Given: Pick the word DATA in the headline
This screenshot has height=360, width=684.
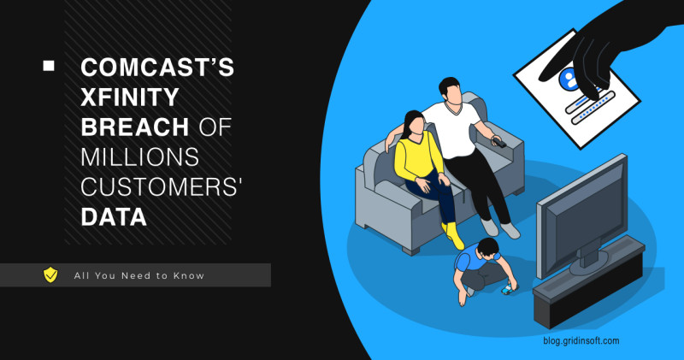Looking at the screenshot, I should tap(113, 217).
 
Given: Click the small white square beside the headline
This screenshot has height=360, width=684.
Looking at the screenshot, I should tap(49, 65).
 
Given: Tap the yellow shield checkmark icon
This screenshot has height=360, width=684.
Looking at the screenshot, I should tap(50, 274).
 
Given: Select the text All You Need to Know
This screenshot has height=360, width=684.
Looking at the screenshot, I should tap(139, 275).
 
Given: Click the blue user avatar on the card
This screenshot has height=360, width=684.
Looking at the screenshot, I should tap(568, 80).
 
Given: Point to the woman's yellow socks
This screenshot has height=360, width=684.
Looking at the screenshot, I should tap(452, 233).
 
